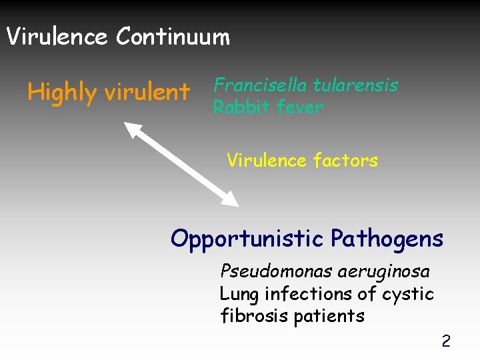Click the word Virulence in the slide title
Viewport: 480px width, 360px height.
tap(57, 37)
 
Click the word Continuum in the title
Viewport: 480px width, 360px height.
tap(173, 37)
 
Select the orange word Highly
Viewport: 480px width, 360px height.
tap(61, 93)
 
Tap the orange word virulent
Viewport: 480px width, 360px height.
tap(147, 93)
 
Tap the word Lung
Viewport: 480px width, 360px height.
tap(239, 294)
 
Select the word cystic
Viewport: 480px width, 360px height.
tap(409, 294)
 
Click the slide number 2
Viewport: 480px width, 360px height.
tap(446, 342)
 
